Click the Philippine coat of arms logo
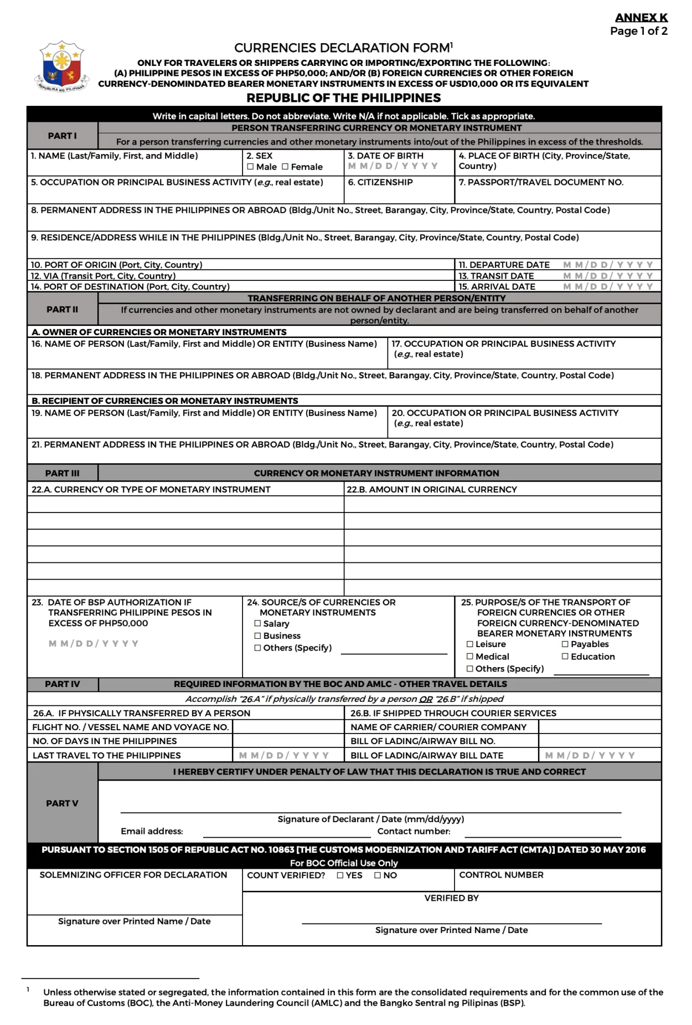click(61, 66)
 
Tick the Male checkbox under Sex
click(250, 167)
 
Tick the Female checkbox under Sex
click(285, 167)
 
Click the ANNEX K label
click(641, 18)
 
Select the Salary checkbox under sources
click(257, 624)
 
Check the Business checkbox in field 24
click(257, 636)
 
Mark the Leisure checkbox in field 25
click(470, 644)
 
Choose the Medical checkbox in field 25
click(470, 657)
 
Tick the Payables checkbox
click(565, 644)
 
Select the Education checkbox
click(565, 657)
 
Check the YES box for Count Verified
click(340, 875)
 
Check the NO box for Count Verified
click(378, 875)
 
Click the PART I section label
click(62, 136)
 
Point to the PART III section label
click(62, 473)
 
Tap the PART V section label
click(62, 803)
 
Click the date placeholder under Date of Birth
click(393, 166)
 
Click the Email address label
click(152, 831)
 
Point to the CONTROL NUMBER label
click(501, 875)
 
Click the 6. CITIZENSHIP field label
click(380, 182)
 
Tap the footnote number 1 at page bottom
click(28, 989)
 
